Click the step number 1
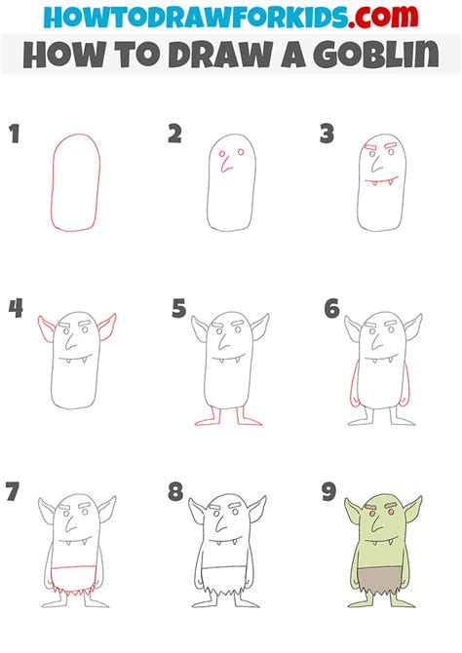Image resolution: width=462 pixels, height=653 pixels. click(15, 134)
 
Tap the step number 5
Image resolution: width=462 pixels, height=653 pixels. click(178, 311)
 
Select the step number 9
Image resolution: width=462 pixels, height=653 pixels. click(329, 491)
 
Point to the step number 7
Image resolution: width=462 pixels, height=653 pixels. click(13, 491)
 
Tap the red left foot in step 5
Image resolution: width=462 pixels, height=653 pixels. click(207, 421)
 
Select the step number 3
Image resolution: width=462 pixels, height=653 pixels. click(327, 134)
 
